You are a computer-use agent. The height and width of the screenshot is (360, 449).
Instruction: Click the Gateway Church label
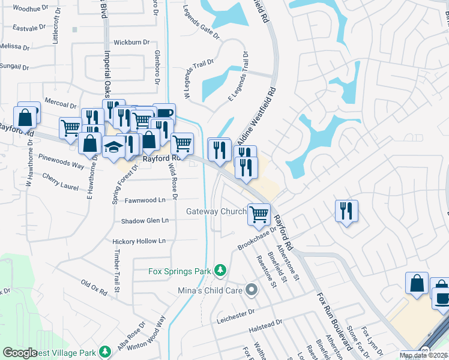(x=216, y=211)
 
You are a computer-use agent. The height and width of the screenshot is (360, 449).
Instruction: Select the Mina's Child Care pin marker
(x=252, y=290)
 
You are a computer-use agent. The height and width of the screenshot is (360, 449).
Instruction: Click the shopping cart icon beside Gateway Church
(x=259, y=213)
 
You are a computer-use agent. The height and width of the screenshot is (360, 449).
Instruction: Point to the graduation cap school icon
(x=113, y=146)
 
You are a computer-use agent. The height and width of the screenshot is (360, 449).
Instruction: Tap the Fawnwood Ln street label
(x=145, y=200)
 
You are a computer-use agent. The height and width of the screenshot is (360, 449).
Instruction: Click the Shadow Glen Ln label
(x=145, y=221)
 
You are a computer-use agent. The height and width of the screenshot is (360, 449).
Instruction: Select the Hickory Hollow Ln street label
(x=139, y=241)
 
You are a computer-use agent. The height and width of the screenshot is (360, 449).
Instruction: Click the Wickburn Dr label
(x=131, y=43)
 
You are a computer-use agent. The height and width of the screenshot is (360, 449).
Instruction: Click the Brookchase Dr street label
(x=256, y=238)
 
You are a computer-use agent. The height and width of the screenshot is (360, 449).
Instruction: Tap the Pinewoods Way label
(x=61, y=164)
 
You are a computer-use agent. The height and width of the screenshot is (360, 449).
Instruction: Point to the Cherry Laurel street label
(x=60, y=182)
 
